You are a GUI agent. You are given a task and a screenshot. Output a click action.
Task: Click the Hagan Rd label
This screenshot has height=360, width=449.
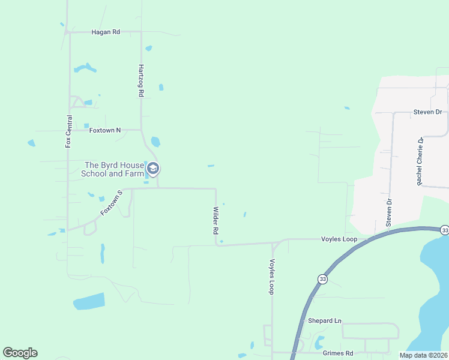coord(106,32)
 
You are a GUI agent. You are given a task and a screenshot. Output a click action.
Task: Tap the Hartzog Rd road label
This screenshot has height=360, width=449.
coord(141,81)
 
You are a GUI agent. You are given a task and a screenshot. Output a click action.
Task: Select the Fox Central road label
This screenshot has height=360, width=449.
coord(68,131)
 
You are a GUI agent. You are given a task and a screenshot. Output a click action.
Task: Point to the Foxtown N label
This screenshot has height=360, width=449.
coord(105,130)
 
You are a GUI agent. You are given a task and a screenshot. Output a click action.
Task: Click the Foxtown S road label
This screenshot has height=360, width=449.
coord(111,202)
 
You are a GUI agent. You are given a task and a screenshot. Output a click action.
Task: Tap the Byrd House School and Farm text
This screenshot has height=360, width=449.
coord(113,169)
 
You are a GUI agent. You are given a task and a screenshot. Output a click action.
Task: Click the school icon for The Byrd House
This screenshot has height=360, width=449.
coord(153,169)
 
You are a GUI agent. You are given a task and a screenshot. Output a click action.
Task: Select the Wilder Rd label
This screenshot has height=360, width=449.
coord(215,221)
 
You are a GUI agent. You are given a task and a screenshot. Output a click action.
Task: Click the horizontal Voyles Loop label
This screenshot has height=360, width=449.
coord(339,239)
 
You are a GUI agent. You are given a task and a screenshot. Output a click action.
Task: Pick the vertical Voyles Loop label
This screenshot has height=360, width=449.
coord(272,276)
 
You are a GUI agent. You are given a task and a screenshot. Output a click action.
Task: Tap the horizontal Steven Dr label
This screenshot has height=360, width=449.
coord(427,112)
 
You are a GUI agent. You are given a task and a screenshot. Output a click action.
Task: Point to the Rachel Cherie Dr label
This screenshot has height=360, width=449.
coord(420,160)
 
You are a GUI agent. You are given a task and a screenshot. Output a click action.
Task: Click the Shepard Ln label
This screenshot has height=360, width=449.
coord(324,321)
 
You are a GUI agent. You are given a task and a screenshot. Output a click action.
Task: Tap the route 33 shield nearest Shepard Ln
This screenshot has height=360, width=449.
coord(322,279)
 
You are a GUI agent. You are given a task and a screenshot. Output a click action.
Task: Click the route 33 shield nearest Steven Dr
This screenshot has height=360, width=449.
coord(444,230)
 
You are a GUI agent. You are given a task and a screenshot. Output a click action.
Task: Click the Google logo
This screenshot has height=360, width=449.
coord(20,353)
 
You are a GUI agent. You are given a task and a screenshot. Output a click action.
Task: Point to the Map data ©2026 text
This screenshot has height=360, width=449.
coord(423,355)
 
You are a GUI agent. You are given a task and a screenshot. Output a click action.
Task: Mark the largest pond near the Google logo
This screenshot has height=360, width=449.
coord(89,301)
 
